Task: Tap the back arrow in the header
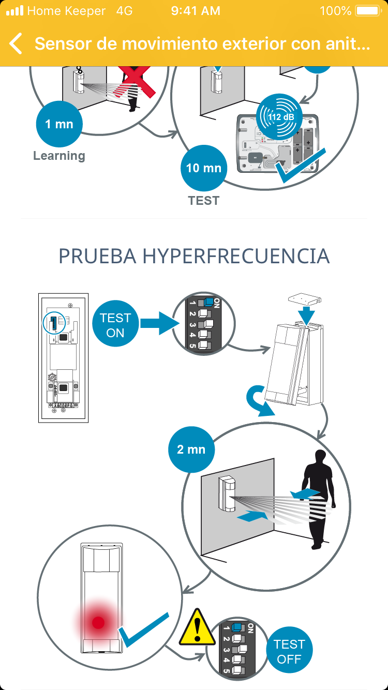click(16, 43)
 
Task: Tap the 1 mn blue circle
click(59, 124)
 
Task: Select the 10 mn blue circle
click(204, 168)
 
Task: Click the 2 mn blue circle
click(191, 449)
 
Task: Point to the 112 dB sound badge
click(279, 117)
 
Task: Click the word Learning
click(59, 156)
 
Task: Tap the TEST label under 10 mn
click(204, 201)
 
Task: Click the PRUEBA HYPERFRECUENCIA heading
click(194, 256)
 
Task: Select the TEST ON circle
click(115, 323)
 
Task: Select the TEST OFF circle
click(289, 650)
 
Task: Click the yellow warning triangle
click(197, 627)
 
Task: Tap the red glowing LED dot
click(98, 623)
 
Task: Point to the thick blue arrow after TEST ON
click(160, 323)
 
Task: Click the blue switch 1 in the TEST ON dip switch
click(208, 302)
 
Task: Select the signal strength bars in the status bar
click(14, 11)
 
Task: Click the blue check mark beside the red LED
click(143, 629)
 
